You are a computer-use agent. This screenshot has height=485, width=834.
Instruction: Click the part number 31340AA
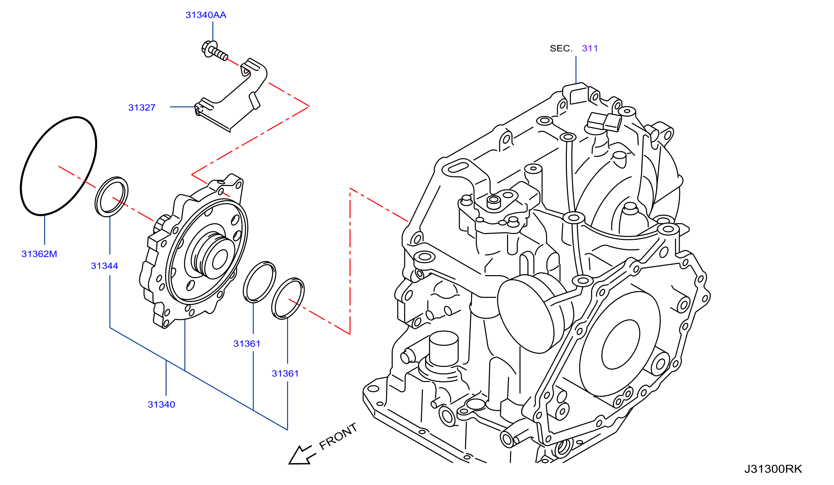tap(206, 15)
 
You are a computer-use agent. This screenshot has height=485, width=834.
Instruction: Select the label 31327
tap(142, 108)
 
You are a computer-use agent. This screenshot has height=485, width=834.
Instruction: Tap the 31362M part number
tap(39, 254)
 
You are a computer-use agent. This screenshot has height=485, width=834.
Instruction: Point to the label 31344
tap(105, 266)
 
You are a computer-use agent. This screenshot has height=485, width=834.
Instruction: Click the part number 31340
tap(162, 405)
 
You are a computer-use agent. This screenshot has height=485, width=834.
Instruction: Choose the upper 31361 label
tap(247, 344)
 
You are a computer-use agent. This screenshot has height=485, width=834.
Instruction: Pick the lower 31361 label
tap(285, 374)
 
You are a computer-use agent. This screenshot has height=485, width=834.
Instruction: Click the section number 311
tap(590, 49)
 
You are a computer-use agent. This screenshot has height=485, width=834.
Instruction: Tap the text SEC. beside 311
tap(561, 49)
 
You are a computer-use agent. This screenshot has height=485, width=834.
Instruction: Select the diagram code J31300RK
tap(773, 469)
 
